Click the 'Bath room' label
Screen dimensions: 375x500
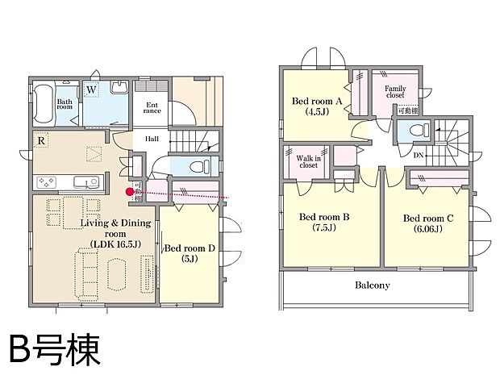click(65, 105)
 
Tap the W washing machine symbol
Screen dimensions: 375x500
click(92, 90)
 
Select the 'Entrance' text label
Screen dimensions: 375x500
click(152, 108)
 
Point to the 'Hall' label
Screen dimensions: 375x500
click(152, 139)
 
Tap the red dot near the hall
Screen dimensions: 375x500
click(129, 191)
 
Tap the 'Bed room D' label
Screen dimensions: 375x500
click(190, 248)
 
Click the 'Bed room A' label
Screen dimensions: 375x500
click(316, 101)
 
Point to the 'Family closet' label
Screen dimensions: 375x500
click(395, 91)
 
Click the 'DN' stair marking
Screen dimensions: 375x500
click(419, 154)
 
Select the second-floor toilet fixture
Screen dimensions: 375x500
click(415, 130)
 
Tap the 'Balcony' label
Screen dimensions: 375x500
click(372, 285)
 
